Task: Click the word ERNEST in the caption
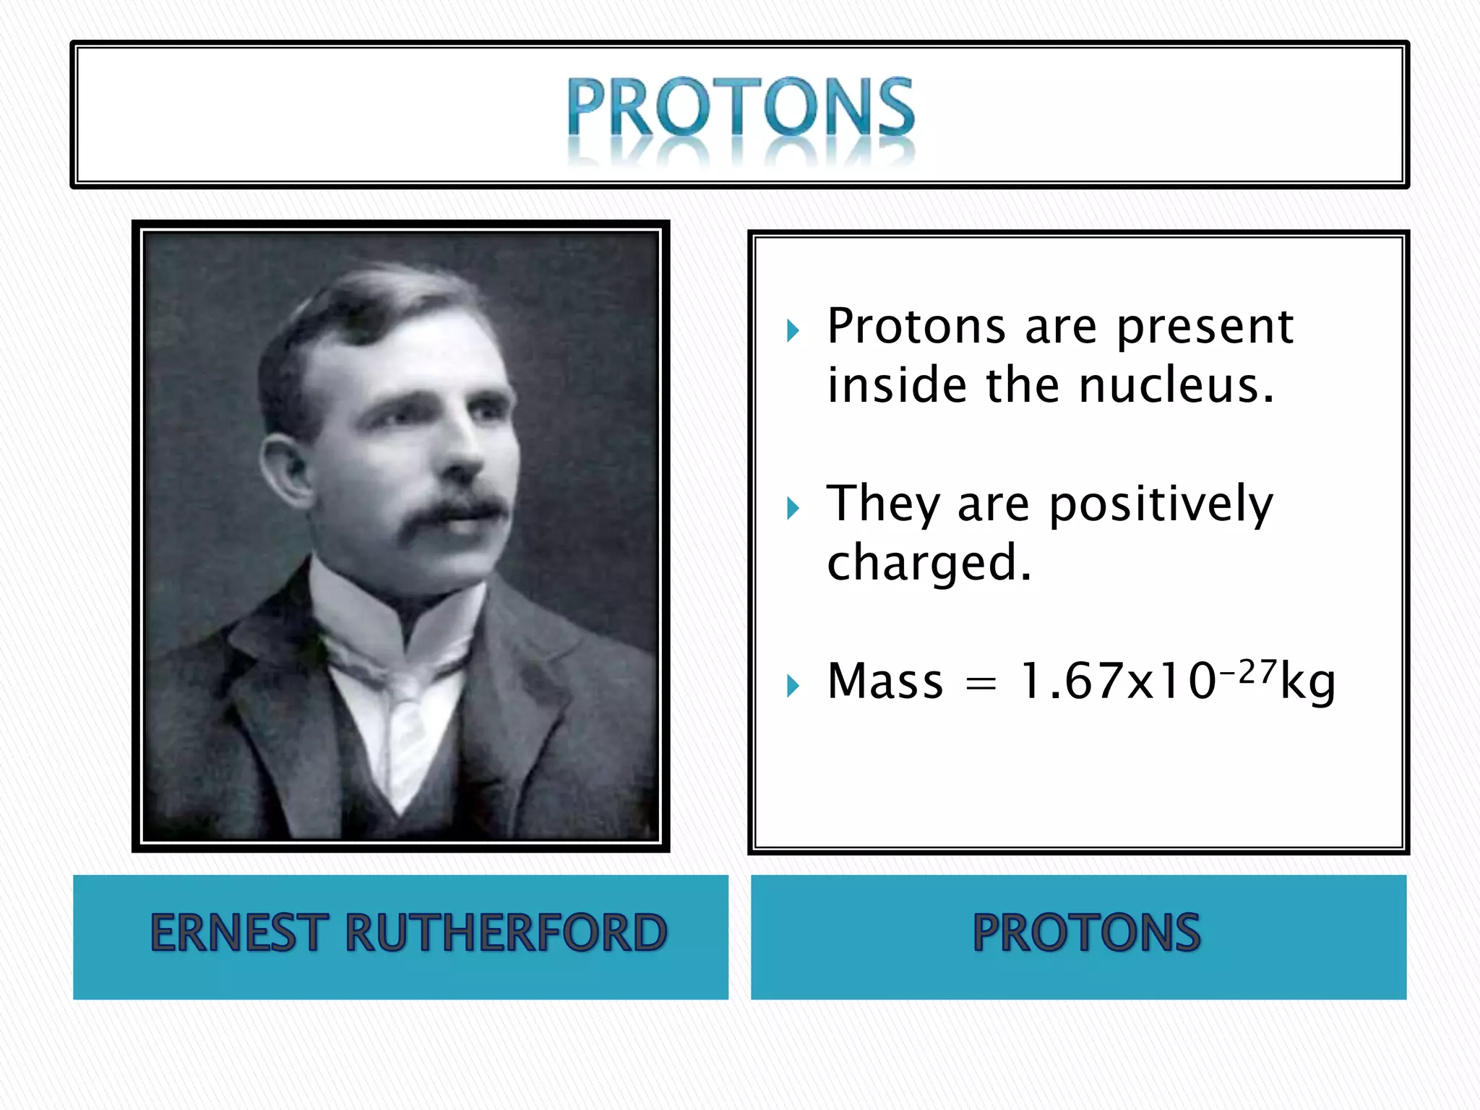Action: [238, 932]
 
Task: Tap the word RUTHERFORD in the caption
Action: [506, 932]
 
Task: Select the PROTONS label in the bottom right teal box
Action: [1086, 932]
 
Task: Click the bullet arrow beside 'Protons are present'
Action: [793, 331]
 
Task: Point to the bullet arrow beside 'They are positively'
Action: [793, 508]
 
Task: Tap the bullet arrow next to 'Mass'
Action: [793, 685]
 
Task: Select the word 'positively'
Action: [1161, 504]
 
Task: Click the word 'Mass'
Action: [885, 681]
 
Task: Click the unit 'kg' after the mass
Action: [1308, 683]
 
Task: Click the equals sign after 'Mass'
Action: [981, 684]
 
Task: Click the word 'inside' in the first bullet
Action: [897, 384]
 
